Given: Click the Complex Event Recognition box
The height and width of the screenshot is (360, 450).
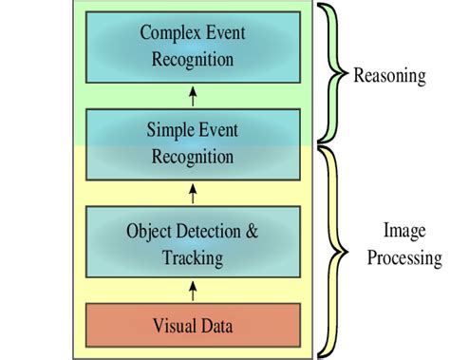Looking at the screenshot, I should (x=193, y=47).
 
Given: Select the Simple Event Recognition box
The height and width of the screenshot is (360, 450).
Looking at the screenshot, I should (x=193, y=143).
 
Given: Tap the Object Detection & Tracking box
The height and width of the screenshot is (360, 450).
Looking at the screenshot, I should (x=193, y=243).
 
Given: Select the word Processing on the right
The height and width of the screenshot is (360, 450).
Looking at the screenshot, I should (x=404, y=257).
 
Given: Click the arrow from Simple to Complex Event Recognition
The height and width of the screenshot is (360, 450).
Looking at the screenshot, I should (x=194, y=96).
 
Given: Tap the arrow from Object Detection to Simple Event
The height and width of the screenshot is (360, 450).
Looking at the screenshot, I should (x=194, y=194).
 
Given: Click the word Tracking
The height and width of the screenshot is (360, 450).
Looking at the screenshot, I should (x=193, y=257).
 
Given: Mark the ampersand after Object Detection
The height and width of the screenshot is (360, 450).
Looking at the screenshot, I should (x=251, y=231).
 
